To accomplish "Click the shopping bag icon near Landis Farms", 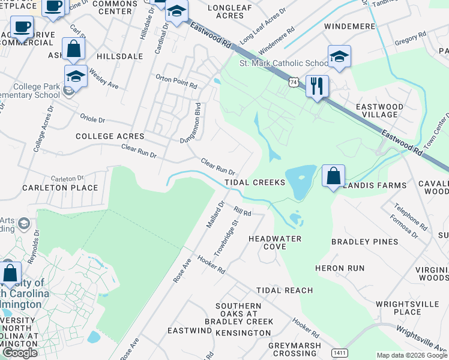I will (334, 176).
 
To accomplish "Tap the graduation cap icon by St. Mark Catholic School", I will (339, 57).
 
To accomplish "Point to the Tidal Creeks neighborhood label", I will (255, 182).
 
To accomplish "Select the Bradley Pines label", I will (364, 242).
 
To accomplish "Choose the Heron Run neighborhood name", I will (356, 268).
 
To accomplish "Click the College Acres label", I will (110, 136).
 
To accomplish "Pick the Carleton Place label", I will (60, 188).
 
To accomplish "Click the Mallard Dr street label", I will (215, 214).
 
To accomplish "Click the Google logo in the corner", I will (20, 353).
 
